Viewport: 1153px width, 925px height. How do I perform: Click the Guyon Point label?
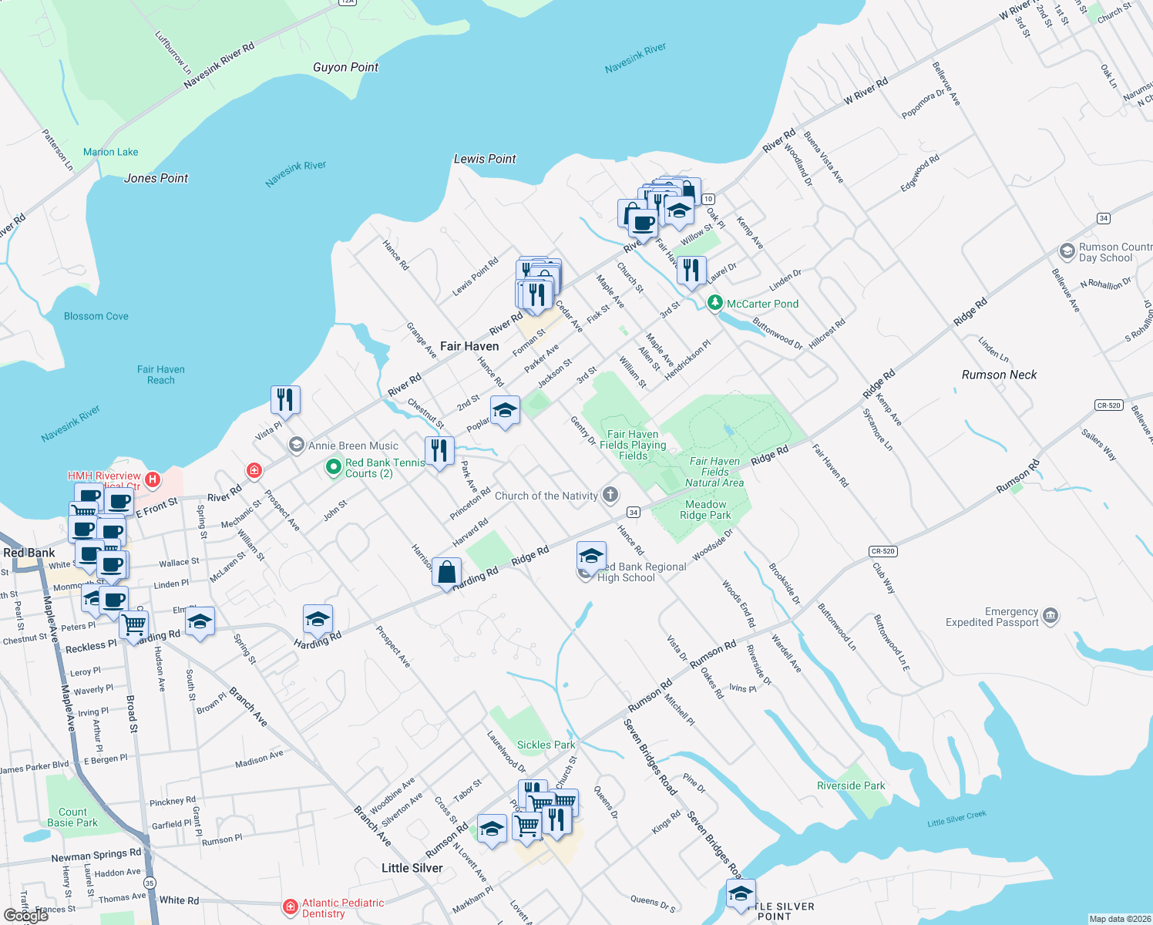click(345, 67)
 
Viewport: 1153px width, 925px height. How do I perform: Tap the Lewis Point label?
click(485, 159)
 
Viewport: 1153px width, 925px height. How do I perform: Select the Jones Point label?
click(156, 178)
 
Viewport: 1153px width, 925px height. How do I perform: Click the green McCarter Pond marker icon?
click(715, 304)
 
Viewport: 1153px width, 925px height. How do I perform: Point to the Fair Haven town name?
click(469, 346)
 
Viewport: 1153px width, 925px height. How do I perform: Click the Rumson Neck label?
click(999, 375)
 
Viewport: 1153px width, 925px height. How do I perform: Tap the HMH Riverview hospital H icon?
click(153, 480)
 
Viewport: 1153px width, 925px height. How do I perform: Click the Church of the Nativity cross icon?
click(610, 495)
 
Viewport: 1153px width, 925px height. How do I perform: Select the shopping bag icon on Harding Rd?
click(446, 573)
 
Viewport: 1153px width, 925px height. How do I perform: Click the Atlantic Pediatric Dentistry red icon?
click(291, 907)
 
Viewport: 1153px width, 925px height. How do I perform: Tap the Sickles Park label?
click(546, 745)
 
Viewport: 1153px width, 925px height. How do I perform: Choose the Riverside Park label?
click(851, 785)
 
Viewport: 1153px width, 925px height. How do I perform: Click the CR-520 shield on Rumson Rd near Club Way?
click(882, 551)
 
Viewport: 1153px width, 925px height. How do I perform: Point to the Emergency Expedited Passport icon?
click(1050, 616)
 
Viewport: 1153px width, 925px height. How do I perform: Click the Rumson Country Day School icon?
click(1067, 251)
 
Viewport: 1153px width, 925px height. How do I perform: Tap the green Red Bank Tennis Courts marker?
click(333, 467)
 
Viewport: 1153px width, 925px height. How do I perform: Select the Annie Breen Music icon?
click(296, 445)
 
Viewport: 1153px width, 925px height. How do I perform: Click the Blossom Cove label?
click(96, 316)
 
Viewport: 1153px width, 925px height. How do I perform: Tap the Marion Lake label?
click(111, 152)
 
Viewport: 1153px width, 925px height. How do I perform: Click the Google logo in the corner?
click(26, 915)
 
